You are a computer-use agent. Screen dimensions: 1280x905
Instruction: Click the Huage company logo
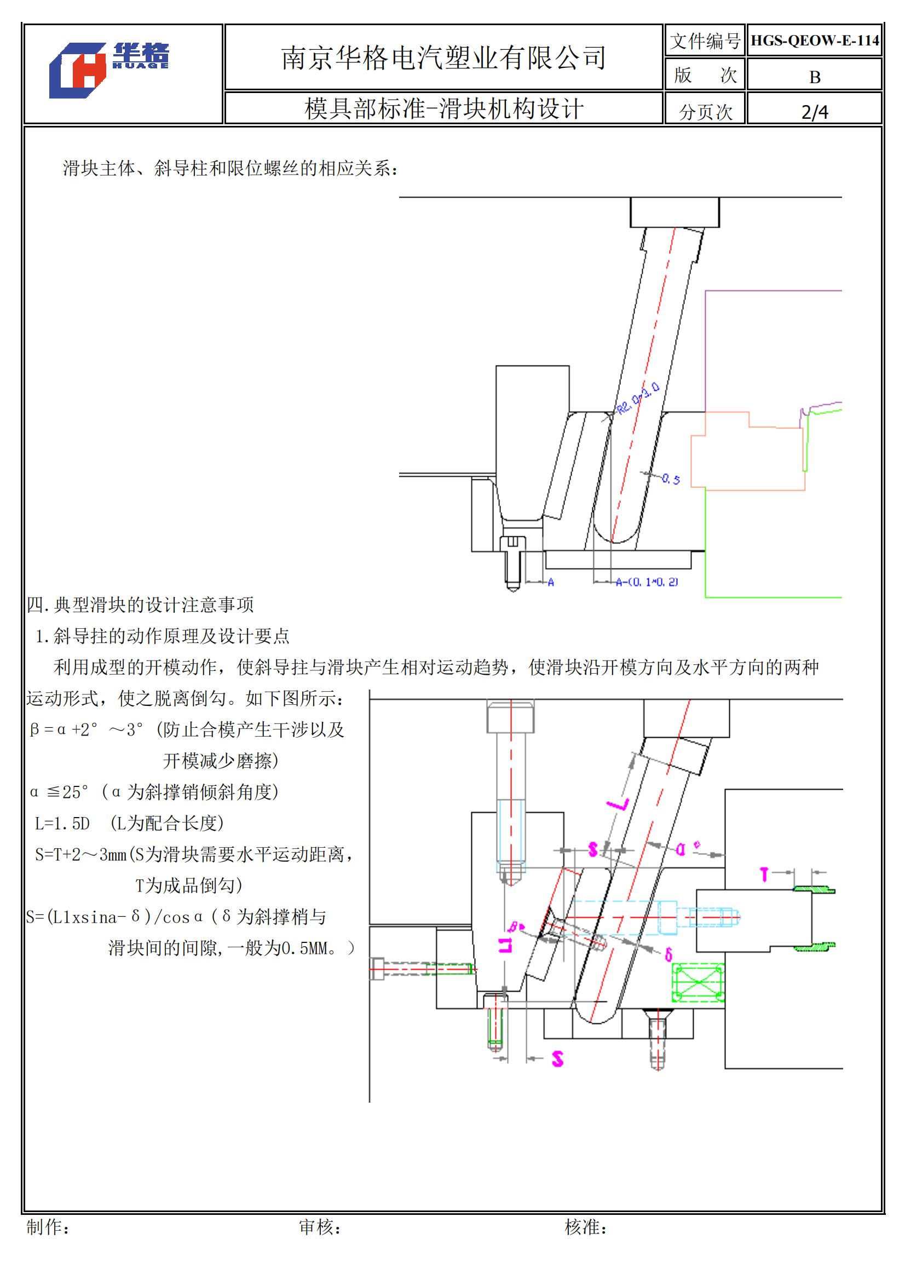(x=108, y=70)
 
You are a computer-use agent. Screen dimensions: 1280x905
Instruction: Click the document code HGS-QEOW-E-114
(x=814, y=40)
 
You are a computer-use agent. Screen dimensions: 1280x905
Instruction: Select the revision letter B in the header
(x=815, y=77)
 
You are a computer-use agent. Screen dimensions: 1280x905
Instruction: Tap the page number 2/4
(x=815, y=112)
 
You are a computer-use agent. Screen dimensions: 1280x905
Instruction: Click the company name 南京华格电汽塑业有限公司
(x=443, y=58)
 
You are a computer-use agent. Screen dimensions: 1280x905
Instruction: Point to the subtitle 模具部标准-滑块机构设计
(x=443, y=109)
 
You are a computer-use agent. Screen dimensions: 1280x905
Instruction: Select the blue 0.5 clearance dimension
(x=671, y=478)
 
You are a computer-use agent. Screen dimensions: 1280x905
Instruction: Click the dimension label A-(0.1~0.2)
(x=646, y=582)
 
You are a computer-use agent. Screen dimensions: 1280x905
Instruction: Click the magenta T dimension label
(x=764, y=874)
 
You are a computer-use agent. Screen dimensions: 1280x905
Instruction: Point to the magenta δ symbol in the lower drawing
(x=668, y=954)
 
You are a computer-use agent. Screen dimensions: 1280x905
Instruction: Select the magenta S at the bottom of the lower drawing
(x=557, y=1058)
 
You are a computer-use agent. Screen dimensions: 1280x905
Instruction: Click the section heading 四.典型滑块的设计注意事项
(x=140, y=605)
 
